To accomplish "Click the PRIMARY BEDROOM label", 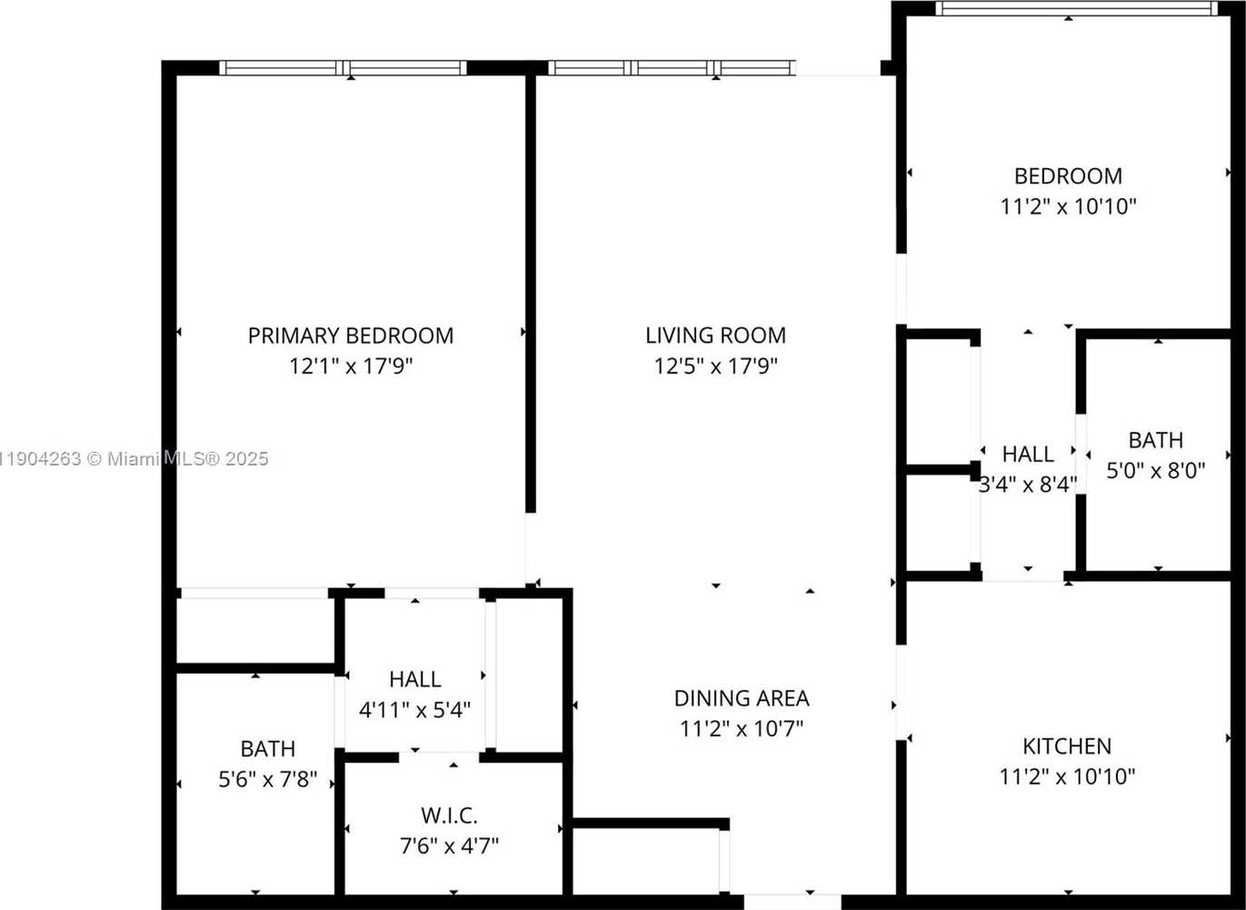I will pyautogui.click(x=350, y=335).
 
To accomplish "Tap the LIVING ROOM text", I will pyautogui.click(x=715, y=335).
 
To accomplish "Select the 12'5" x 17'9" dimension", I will pyautogui.click(x=715, y=366).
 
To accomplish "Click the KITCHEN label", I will pyautogui.click(x=1067, y=746).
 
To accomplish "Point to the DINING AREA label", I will pyautogui.click(x=741, y=698).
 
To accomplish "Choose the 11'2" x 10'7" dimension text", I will pyautogui.click(x=741, y=729).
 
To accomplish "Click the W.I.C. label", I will pyautogui.click(x=449, y=815).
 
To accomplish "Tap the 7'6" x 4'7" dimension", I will pyautogui.click(x=449, y=846).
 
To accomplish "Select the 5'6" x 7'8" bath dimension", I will pyautogui.click(x=267, y=779).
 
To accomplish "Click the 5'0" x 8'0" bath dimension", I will pyautogui.click(x=1155, y=471).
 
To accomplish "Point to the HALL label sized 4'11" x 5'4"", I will pyautogui.click(x=414, y=679).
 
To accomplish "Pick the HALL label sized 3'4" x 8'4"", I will pyautogui.click(x=1028, y=454).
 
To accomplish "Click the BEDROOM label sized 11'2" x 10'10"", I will pyautogui.click(x=1068, y=175).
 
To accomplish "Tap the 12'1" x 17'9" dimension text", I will pyautogui.click(x=350, y=366).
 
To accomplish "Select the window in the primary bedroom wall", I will pyautogui.click(x=343, y=67).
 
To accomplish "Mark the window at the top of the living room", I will pyautogui.click(x=673, y=67).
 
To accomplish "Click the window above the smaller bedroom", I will pyautogui.click(x=1076, y=8).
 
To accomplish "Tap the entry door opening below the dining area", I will pyautogui.click(x=792, y=902).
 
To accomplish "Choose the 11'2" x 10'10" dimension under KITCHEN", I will pyautogui.click(x=1067, y=777).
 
